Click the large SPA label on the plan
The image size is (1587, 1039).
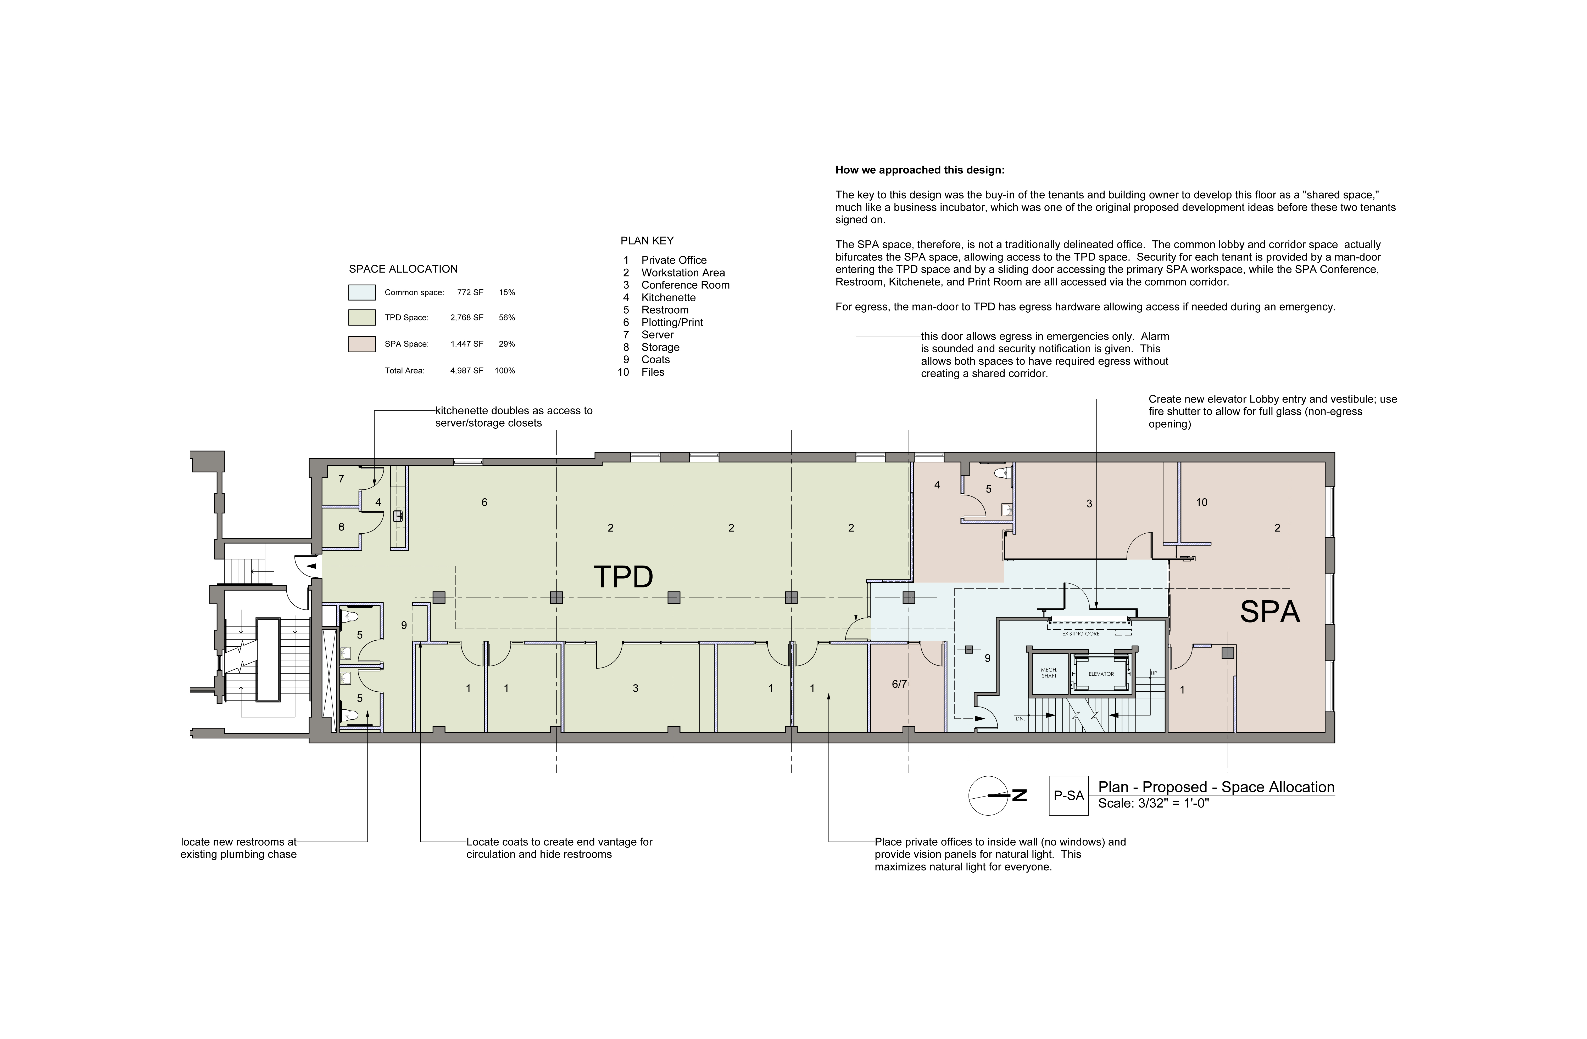pyautogui.click(x=1269, y=612)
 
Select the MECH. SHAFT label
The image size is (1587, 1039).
pyautogui.click(x=1049, y=673)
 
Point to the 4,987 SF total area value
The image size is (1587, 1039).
pyautogui.click(x=467, y=371)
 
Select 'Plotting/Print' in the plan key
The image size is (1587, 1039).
pyautogui.click(x=672, y=323)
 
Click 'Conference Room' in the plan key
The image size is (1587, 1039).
pyautogui.click(x=686, y=285)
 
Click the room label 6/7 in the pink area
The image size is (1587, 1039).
pyautogui.click(x=899, y=684)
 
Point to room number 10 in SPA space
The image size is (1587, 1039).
pyautogui.click(x=1202, y=502)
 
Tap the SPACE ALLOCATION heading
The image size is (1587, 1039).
pyautogui.click(x=403, y=269)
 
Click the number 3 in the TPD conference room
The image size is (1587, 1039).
pyautogui.click(x=636, y=688)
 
